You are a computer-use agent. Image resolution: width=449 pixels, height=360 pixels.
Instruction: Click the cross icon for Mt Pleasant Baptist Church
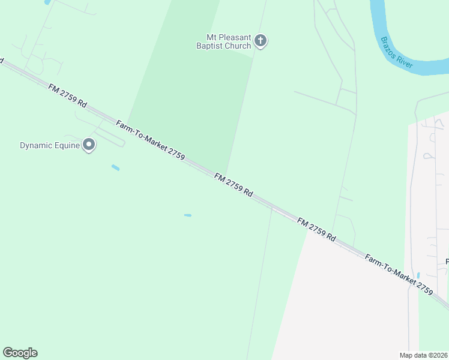click(x=260, y=41)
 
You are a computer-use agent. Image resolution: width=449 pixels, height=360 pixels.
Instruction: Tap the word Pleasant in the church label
click(x=226, y=37)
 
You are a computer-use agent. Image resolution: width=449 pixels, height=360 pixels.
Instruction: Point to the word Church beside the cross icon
click(x=238, y=45)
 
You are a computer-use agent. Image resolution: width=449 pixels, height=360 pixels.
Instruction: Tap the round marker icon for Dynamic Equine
click(x=89, y=145)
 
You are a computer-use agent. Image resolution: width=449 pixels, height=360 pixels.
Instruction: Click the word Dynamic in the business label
click(x=38, y=145)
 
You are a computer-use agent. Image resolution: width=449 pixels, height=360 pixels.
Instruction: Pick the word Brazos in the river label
click(x=388, y=47)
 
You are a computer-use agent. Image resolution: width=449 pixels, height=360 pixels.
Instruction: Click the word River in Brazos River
click(x=405, y=61)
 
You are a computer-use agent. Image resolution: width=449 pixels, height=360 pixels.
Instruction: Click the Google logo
click(x=20, y=353)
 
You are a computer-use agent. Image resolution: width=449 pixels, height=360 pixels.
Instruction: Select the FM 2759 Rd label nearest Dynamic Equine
click(x=67, y=96)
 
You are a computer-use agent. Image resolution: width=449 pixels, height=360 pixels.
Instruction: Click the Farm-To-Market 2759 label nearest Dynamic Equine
click(x=149, y=139)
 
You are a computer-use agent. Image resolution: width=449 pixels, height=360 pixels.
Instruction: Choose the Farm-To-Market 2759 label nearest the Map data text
click(x=399, y=273)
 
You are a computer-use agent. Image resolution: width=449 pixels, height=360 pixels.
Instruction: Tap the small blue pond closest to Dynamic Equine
click(x=115, y=167)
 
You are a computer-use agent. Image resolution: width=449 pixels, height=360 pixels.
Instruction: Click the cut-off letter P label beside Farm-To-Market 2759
click(x=447, y=262)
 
